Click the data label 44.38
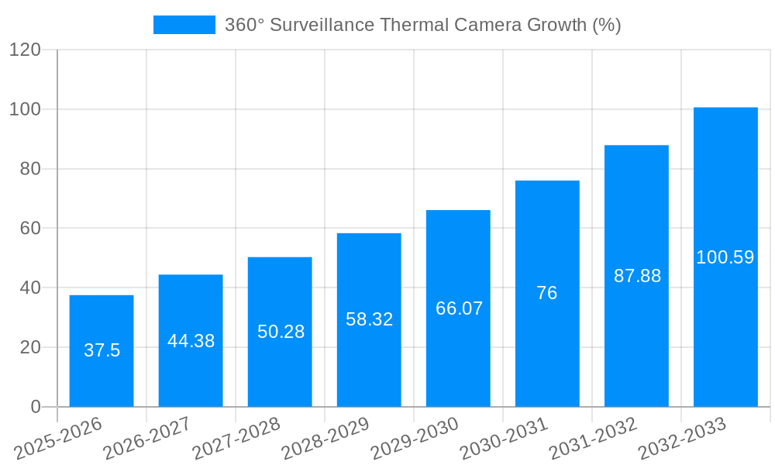point(191,341)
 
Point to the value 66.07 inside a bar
point(459,308)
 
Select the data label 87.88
point(637,276)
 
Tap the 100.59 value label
point(725,257)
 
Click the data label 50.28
point(281,332)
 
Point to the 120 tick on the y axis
point(25,50)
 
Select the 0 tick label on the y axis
point(35,407)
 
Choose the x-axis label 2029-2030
point(415,439)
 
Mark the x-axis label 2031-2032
point(593,439)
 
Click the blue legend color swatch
point(184,25)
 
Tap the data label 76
point(547,293)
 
